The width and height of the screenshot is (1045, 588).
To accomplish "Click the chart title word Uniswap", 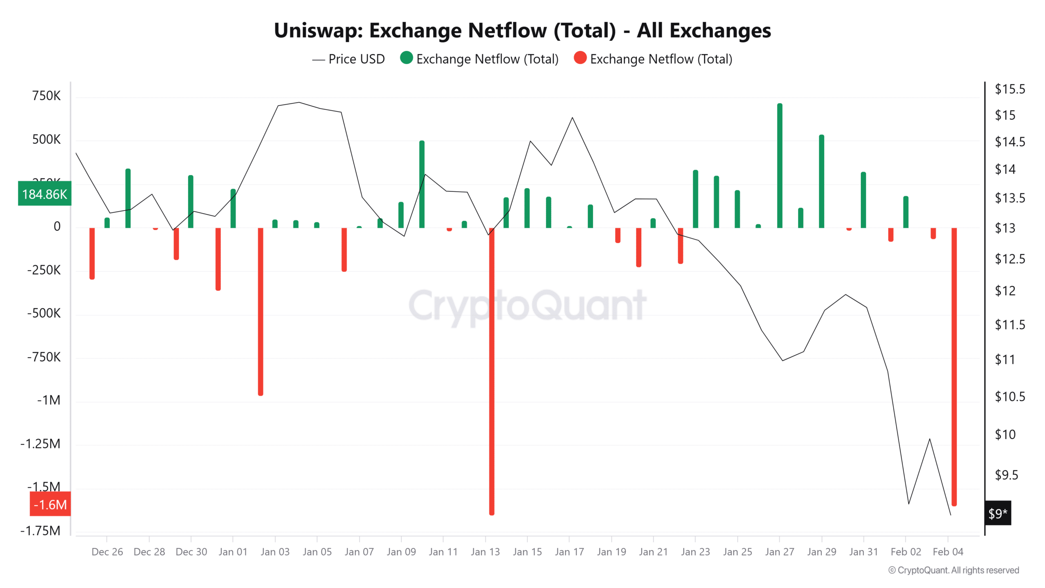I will click(318, 31).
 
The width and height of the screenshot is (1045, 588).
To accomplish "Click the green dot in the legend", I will click(406, 58).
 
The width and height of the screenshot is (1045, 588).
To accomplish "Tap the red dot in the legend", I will click(580, 58).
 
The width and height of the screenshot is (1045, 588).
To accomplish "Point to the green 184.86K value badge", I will click(44, 194).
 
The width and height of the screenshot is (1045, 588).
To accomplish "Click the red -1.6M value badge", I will click(50, 505).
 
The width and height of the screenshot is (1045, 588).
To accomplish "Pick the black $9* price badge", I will click(998, 513).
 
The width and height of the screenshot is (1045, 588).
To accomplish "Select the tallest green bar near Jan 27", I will click(780, 165).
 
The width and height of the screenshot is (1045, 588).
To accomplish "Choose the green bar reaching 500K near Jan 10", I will click(422, 184).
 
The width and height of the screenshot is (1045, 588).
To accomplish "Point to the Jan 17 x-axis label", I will click(569, 552).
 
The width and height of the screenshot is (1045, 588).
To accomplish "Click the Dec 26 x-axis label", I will click(107, 552).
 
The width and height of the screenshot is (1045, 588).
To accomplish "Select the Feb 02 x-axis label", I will click(906, 552).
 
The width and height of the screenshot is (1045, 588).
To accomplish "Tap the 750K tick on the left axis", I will click(46, 96).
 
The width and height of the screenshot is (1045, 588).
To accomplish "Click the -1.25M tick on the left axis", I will click(40, 443).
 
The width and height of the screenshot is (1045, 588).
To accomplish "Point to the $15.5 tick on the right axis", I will click(1009, 89).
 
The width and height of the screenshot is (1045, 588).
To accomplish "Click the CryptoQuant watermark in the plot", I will click(527, 305).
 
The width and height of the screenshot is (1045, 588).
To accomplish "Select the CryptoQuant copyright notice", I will click(954, 570).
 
